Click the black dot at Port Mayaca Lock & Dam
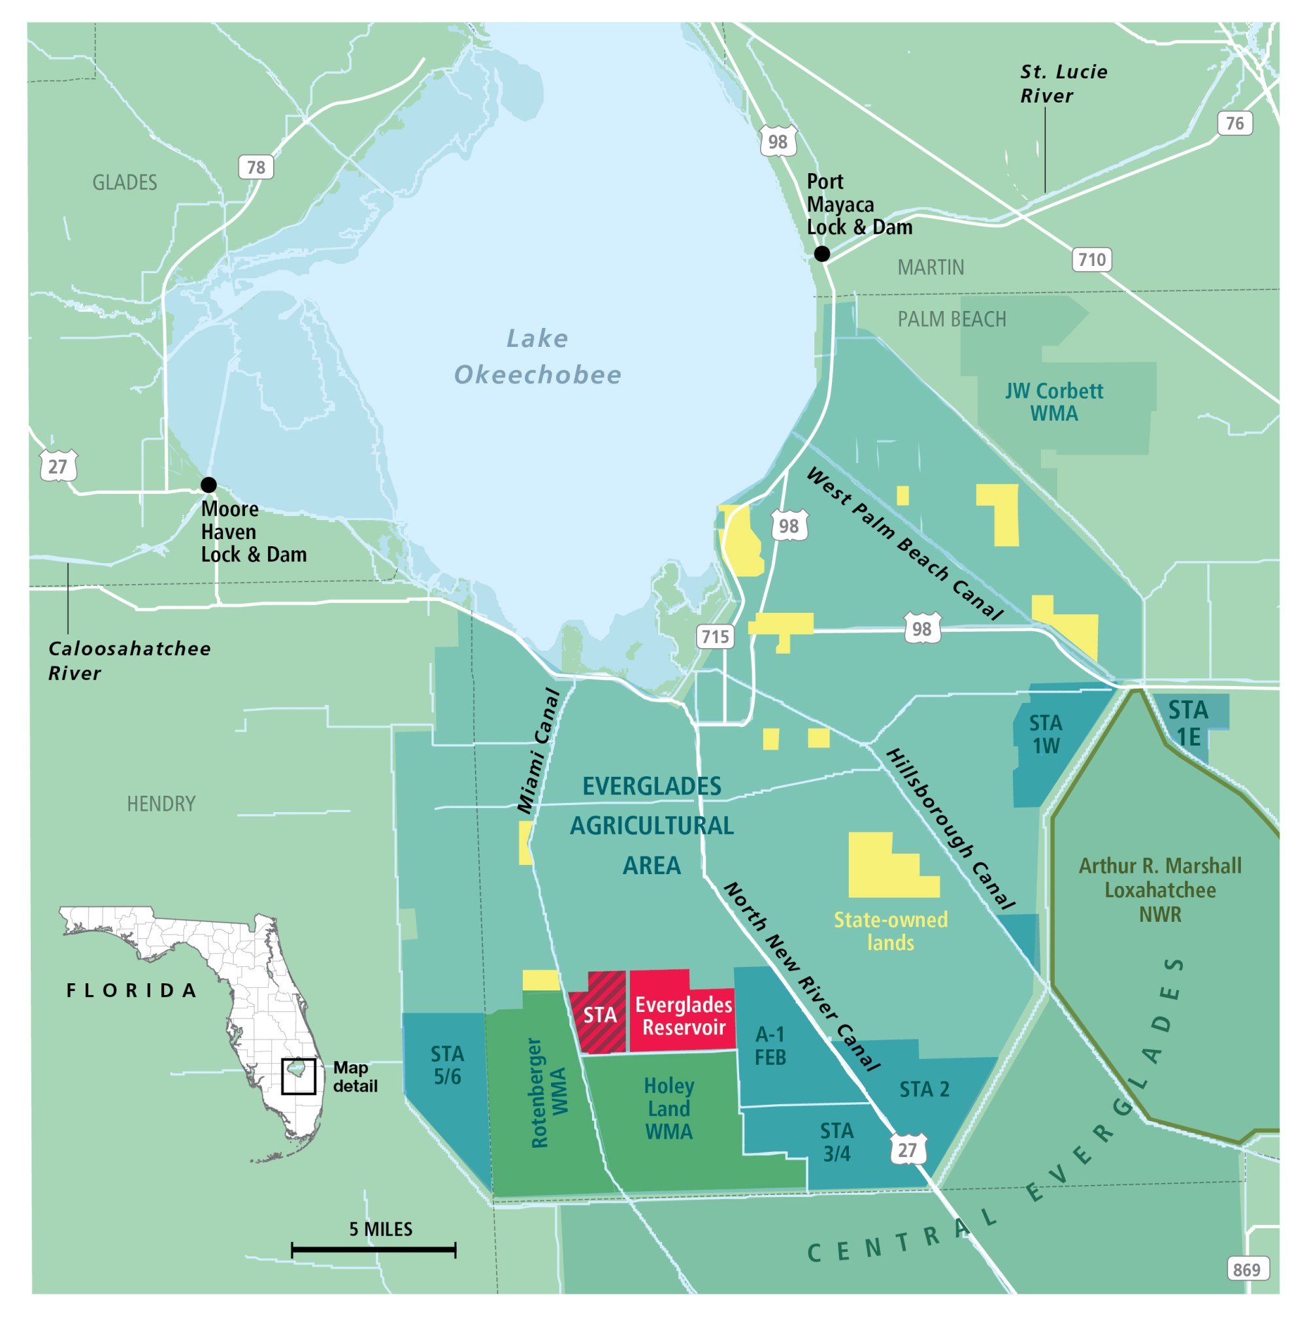(x=821, y=254)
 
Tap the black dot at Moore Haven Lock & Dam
(x=208, y=485)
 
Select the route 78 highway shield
(x=256, y=167)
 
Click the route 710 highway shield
(x=1091, y=259)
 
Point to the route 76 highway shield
(x=1234, y=123)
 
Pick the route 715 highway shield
(x=715, y=636)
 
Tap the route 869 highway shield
(x=1246, y=1269)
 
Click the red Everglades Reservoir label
(x=683, y=1015)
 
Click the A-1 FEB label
(x=770, y=1046)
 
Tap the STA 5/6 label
(x=447, y=1065)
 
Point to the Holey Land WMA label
(x=669, y=1109)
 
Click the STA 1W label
(x=1046, y=734)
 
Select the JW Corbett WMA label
(x=1053, y=402)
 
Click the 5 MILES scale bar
(x=373, y=1250)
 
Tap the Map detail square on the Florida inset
(x=299, y=1077)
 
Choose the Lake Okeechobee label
(x=538, y=356)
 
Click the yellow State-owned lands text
(x=891, y=930)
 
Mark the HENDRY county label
(x=161, y=803)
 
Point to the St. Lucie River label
(x=1063, y=84)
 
